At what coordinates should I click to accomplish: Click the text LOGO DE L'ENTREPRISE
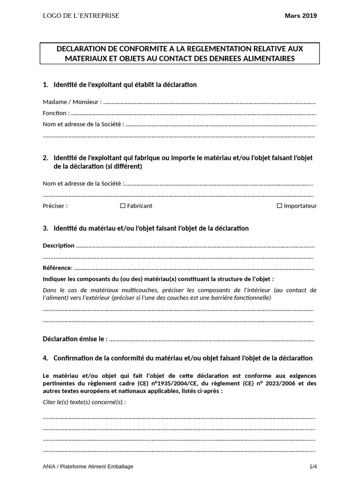tap(81, 15)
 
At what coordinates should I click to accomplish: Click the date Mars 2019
tap(300, 15)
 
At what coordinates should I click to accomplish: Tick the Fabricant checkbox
tap(123, 206)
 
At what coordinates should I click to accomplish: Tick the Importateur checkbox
tap(279, 206)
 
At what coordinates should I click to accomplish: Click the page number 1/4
tap(313, 466)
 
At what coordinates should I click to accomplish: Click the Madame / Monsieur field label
tap(72, 102)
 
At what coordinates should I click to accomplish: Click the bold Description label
tap(59, 245)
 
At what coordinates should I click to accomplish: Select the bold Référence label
tap(58, 268)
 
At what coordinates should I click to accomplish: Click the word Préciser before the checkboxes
tap(55, 206)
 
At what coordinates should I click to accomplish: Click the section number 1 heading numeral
tap(45, 85)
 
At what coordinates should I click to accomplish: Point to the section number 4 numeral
tap(45, 358)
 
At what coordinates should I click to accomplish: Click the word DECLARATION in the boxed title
tap(83, 49)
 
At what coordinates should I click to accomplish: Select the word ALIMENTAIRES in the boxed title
tap(267, 59)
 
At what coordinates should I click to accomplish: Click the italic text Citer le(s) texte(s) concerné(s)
tap(84, 402)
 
